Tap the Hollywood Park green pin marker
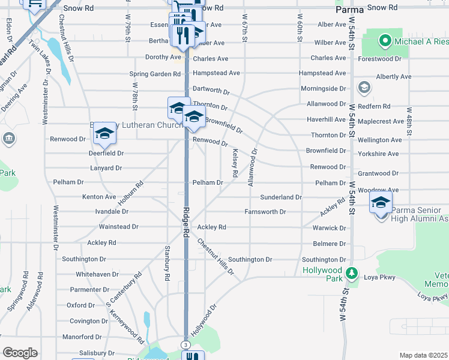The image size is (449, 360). coord(353,275)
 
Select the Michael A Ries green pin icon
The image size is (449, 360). coord(385,41)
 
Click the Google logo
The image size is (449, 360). coord(20,353)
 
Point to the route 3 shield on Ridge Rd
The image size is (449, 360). coord(185,344)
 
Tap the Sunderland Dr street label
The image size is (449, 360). coord(280,197)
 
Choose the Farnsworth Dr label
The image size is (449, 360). coord(265,212)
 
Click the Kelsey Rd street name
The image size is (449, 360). coord(235,163)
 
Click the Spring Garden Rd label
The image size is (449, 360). coord(155,74)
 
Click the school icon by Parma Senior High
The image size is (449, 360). coord(380,203)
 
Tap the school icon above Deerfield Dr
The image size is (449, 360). coord(104,134)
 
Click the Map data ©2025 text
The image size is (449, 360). coord(424,355)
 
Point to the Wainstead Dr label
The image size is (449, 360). coord(118,227)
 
